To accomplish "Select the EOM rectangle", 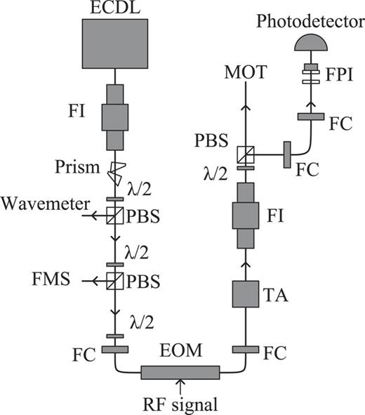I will (x=180, y=372).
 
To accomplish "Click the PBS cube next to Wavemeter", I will (x=114, y=216).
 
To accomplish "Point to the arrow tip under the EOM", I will (x=180, y=383).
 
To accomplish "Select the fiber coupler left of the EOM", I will (x=114, y=349).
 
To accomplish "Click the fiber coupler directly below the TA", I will (x=246, y=349).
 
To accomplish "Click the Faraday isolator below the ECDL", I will (x=114, y=116).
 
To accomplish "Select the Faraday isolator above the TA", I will (x=246, y=216).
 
